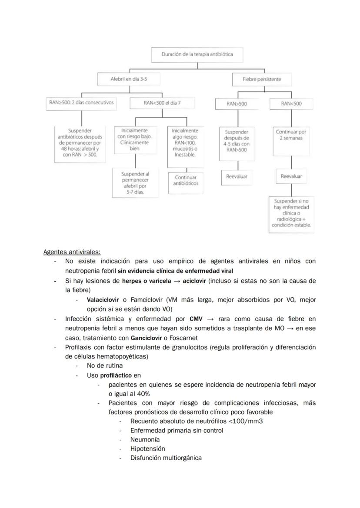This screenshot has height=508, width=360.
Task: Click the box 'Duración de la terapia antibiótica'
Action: pyautogui.click(x=197, y=55)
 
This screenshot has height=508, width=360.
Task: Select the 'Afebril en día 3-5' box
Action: pyautogui.click(x=129, y=80)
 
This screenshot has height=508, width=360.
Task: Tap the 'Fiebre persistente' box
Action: pyautogui.click(x=262, y=80)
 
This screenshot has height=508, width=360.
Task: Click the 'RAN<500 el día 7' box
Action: pyautogui.click(x=162, y=103)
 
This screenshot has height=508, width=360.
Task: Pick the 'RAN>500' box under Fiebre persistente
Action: pyautogui.click(x=237, y=104)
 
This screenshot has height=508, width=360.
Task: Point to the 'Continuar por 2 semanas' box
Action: pyautogui.click(x=291, y=135)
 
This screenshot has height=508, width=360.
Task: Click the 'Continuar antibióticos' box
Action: pyautogui.click(x=186, y=180)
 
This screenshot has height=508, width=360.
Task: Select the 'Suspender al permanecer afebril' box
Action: pyautogui.click(x=135, y=183)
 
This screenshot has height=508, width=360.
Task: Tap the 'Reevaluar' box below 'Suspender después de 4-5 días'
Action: pyautogui.click(x=237, y=176)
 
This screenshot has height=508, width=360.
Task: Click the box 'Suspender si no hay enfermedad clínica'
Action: pyautogui.click(x=291, y=213)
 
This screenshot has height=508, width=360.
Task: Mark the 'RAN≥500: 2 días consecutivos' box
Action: pyautogui.click(x=81, y=103)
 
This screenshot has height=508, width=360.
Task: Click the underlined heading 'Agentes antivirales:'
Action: pyautogui.click(x=72, y=252)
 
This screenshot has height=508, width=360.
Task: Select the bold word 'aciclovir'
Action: pyautogui.click(x=194, y=281)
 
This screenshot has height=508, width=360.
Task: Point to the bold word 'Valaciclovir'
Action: pyautogui.click(x=103, y=300)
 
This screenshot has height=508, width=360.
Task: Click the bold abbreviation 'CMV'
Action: pyautogui.click(x=197, y=319)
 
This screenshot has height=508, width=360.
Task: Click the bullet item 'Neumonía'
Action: pyautogui.click(x=145, y=439)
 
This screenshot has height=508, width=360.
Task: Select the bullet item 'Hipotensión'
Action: pyautogui.click(x=147, y=448)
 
